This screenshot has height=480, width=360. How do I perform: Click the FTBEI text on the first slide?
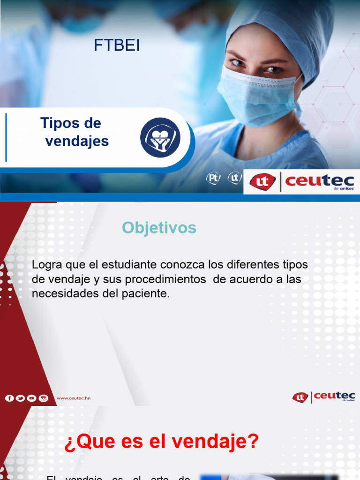pyautogui.click(x=117, y=46)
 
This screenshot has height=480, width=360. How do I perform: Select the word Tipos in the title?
pyautogui.click(x=59, y=123)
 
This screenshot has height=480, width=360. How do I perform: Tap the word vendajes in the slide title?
pyautogui.click(x=77, y=141)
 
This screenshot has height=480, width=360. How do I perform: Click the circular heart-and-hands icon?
pyautogui.click(x=160, y=137)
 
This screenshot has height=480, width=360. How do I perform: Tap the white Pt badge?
pyautogui.click(x=213, y=178)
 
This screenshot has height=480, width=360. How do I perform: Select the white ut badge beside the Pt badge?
pyautogui.click(x=234, y=178)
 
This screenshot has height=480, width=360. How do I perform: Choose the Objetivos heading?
pyautogui.click(x=159, y=228)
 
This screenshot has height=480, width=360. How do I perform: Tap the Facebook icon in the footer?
pyautogui.click(x=9, y=398)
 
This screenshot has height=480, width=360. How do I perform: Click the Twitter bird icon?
pyautogui.click(x=20, y=398)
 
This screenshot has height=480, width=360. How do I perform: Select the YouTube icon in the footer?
pyautogui.click(x=31, y=398)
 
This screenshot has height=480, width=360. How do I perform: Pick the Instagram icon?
pyautogui.click(x=43, y=398)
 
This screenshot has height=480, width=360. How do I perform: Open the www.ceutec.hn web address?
pyautogui.click(x=74, y=398)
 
